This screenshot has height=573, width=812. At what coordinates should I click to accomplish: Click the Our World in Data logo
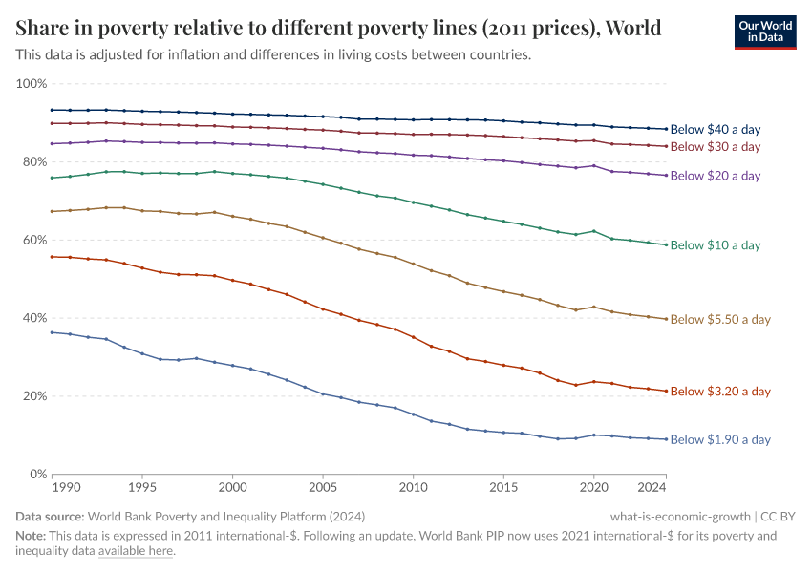(764, 31)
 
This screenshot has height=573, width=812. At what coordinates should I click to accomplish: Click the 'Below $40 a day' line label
(716, 129)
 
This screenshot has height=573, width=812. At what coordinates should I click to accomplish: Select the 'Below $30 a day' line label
(716, 147)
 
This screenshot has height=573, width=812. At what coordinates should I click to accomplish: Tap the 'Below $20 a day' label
(716, 176)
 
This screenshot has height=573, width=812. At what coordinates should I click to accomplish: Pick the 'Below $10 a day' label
(716, 245)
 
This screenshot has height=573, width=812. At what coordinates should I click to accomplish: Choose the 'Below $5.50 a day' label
(720, 320)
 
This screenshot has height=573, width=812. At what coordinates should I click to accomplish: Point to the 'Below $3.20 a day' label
(720, 392)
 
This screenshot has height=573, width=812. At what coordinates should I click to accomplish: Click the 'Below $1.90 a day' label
(720, 440)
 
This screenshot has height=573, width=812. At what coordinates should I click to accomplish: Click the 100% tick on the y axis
(32, 84)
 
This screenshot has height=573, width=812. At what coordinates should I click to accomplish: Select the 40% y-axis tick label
(34, 318)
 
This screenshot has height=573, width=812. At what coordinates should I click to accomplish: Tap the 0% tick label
(38, 474)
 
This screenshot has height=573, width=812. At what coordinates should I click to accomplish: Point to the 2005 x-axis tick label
(323, 487)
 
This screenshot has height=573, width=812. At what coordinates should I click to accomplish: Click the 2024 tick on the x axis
(652, 487)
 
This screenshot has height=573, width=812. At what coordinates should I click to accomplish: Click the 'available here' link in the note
(136, 551)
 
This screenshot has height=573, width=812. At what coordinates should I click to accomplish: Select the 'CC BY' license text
(778, 517)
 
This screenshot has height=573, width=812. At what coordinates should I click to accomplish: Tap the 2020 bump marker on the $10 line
(594, 231)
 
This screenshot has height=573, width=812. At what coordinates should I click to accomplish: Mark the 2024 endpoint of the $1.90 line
(666, 439)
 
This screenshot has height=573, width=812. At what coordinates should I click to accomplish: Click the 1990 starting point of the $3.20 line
(52, 257)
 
